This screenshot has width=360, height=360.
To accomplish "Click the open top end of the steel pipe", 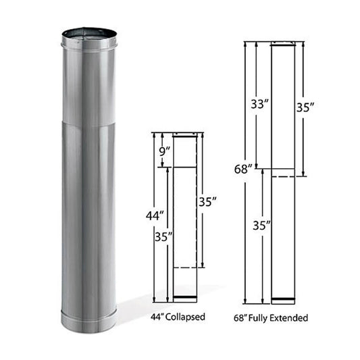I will point(89,34).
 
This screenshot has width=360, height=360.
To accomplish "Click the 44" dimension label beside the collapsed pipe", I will point(155,216).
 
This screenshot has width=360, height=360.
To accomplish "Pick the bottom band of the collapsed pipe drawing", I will point(185,299).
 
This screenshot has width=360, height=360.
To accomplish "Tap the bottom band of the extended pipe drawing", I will point(282,300).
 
